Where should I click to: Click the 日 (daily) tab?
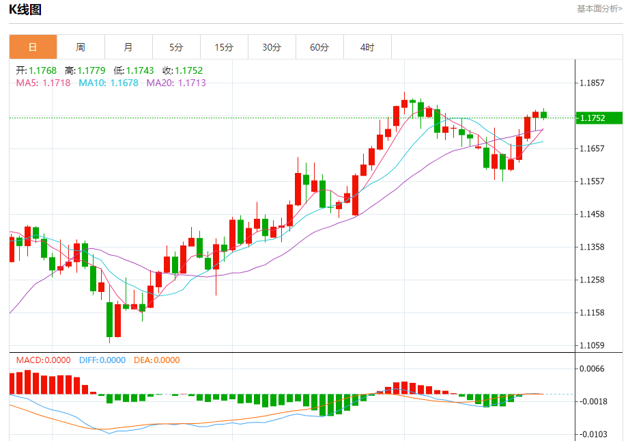click(33, 47)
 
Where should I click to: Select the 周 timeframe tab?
click(81, 47)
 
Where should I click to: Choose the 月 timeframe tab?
click(128, 47)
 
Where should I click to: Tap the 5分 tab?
click(176, 47)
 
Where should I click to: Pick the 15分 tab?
click(224, 47)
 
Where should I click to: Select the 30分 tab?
click(272, 47)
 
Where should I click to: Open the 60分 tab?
click(319, 47)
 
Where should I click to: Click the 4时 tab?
click(367, 47)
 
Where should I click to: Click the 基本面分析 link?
click(599, 9)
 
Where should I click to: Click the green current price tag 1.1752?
click(599, 118)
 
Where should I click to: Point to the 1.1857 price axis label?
click(592, 83)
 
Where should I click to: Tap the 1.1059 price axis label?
click(592, 345)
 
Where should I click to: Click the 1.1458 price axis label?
click(592, 214)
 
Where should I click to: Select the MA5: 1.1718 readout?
click(43, 83)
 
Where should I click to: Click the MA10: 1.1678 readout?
click(108, 83)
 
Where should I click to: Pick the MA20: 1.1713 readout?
click(176, 83)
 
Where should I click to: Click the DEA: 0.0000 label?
click(156, 360)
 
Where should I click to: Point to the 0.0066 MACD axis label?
click(592, 369)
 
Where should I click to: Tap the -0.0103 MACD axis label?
click(592, 434)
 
